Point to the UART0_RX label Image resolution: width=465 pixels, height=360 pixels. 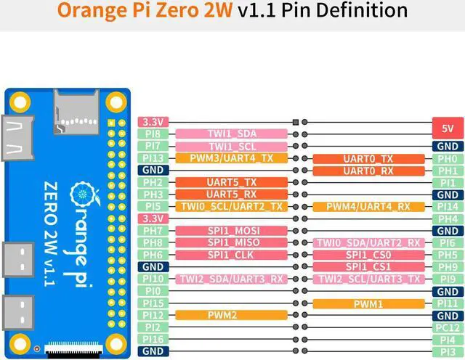368,171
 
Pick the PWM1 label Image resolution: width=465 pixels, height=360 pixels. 368,303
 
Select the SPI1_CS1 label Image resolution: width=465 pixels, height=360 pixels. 368,267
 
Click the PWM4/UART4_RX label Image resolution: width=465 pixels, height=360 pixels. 368,207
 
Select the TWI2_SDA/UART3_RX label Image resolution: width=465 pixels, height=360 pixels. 231,279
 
